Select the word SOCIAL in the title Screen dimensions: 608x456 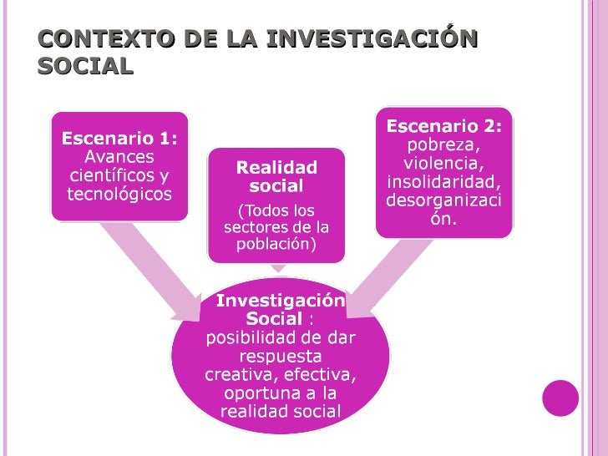[85, 66]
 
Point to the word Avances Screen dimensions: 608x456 [119, 157]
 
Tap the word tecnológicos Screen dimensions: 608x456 [119, 195]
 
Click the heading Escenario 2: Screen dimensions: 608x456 [443, 125]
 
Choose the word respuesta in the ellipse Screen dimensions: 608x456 [281, 356]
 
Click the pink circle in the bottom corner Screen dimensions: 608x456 [560, 398]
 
